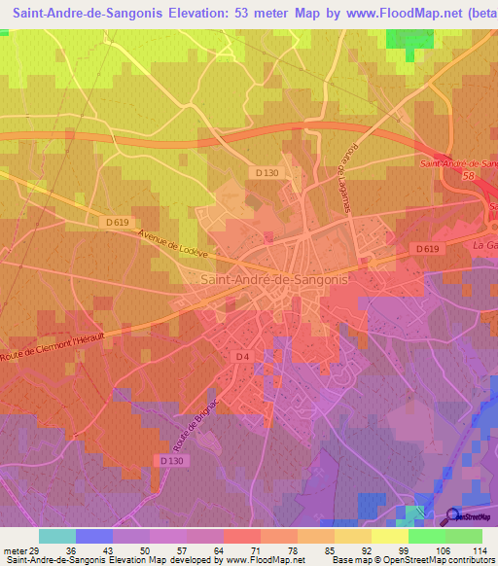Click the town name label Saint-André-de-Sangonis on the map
coord(272,279)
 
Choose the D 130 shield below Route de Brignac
coord(170,460)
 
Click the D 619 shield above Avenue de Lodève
coord(117,222)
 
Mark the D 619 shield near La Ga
coord(427,249)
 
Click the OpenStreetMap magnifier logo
coord(453,516)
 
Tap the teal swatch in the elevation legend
coord(57,536)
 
